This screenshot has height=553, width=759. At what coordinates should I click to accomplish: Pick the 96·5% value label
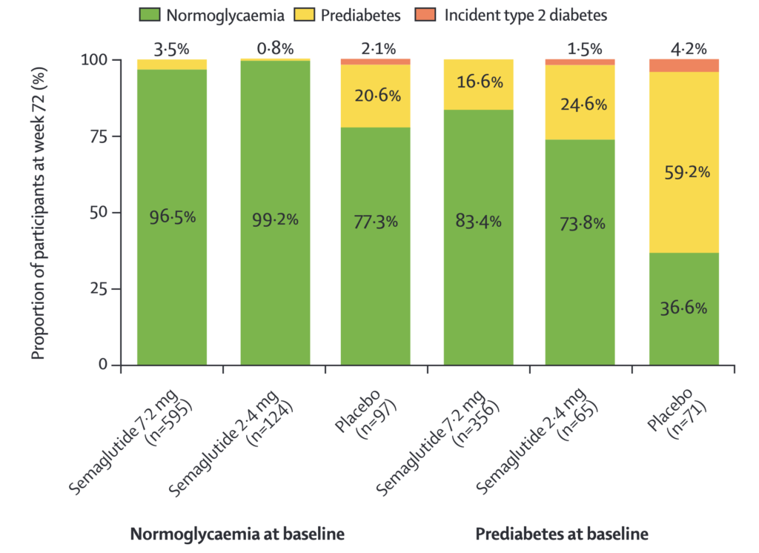click(x=172, y=218)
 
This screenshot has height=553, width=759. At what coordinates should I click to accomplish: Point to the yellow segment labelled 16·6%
click(x=478, y=84)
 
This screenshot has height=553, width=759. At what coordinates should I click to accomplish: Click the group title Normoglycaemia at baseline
click(x=237, y=534)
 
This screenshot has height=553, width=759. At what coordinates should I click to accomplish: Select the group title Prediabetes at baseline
click(x=562, y=534)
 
